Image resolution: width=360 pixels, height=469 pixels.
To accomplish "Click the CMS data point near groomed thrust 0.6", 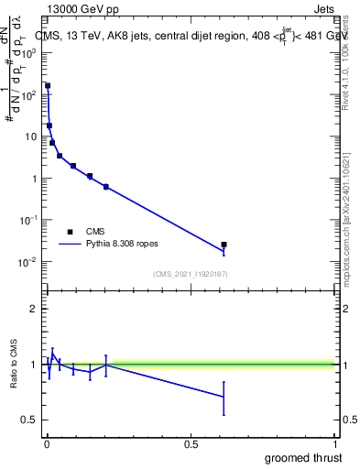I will [x=224, y=245].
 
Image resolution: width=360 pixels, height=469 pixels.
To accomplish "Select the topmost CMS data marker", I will [x=48, y=86].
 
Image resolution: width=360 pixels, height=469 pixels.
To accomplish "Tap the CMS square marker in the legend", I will [x=70, y=232].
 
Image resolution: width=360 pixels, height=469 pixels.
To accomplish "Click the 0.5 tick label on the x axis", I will [x=191, y=445].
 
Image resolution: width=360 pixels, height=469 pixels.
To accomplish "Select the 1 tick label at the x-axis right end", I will [x=336, y=445].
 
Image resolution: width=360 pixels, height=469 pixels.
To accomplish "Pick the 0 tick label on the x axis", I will [x=47, y=445].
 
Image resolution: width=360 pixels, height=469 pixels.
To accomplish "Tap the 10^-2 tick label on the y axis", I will [x=28, y=262].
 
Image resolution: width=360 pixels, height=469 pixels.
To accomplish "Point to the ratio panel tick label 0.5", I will [x=28, y=420].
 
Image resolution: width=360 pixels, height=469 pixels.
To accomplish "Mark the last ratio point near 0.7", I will [x=224, y=397].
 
